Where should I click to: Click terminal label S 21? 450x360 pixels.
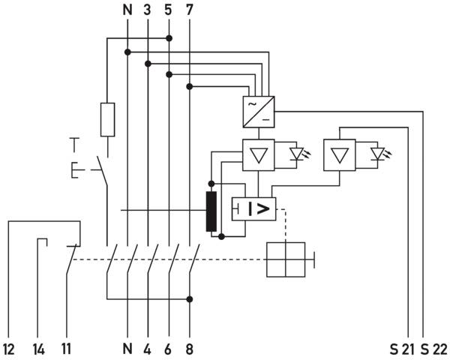tap(402, 349)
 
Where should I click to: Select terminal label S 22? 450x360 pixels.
tap(433, 349)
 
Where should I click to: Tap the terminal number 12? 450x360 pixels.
tap(9, 349)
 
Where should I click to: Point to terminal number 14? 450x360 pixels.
tap(39, 349)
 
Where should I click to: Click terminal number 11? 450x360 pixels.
tap(66, 349)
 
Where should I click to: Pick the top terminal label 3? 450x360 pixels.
tap(147, 10)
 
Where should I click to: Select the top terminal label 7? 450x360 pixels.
tap(189, 10)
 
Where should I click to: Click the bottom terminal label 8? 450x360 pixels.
tap(190, 349)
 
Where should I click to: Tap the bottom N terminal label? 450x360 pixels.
tap(127, 349)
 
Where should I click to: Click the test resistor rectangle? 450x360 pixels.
tap(107, 119)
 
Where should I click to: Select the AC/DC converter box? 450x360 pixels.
tap(259, 112)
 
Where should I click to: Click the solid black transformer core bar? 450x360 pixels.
tap(211, 211)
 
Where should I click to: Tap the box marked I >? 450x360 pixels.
tap(253, 209)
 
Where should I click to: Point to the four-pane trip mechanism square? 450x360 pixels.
tap(286, 259)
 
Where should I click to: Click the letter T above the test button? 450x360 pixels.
tap(74, 145)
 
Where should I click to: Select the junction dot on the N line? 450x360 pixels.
tap(127, 52)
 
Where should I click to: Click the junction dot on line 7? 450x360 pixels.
tap(190, 86)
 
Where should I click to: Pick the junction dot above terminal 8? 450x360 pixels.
tap(190, 299)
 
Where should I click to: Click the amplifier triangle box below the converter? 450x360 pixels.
tap(259, 155)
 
